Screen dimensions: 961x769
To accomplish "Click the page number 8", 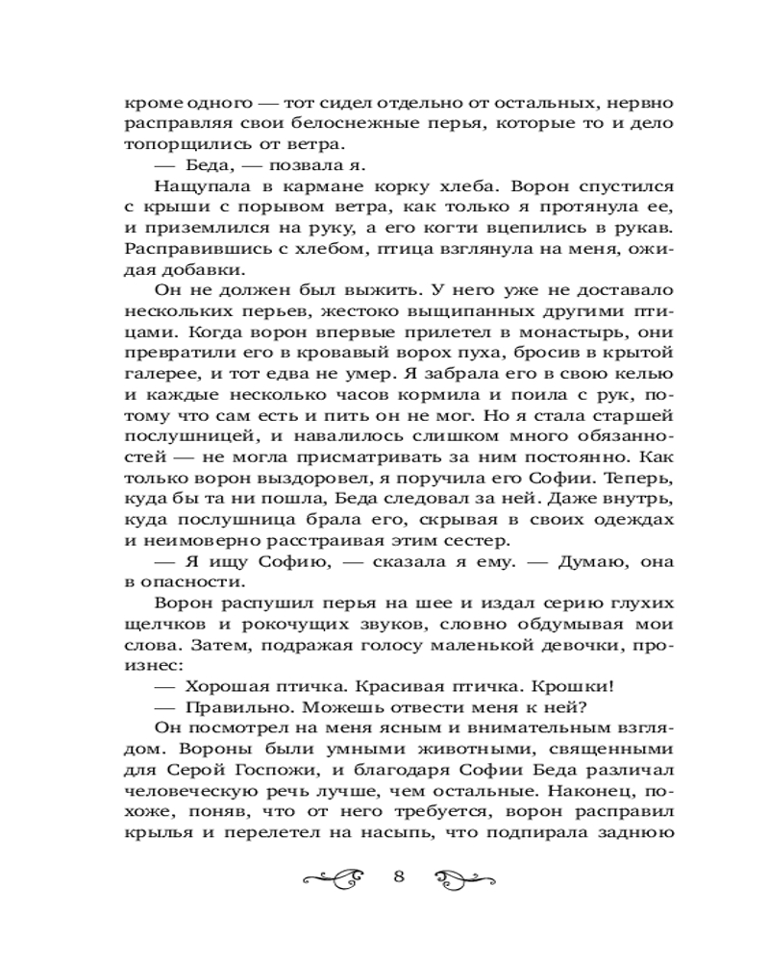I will click(x=401, y=876).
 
